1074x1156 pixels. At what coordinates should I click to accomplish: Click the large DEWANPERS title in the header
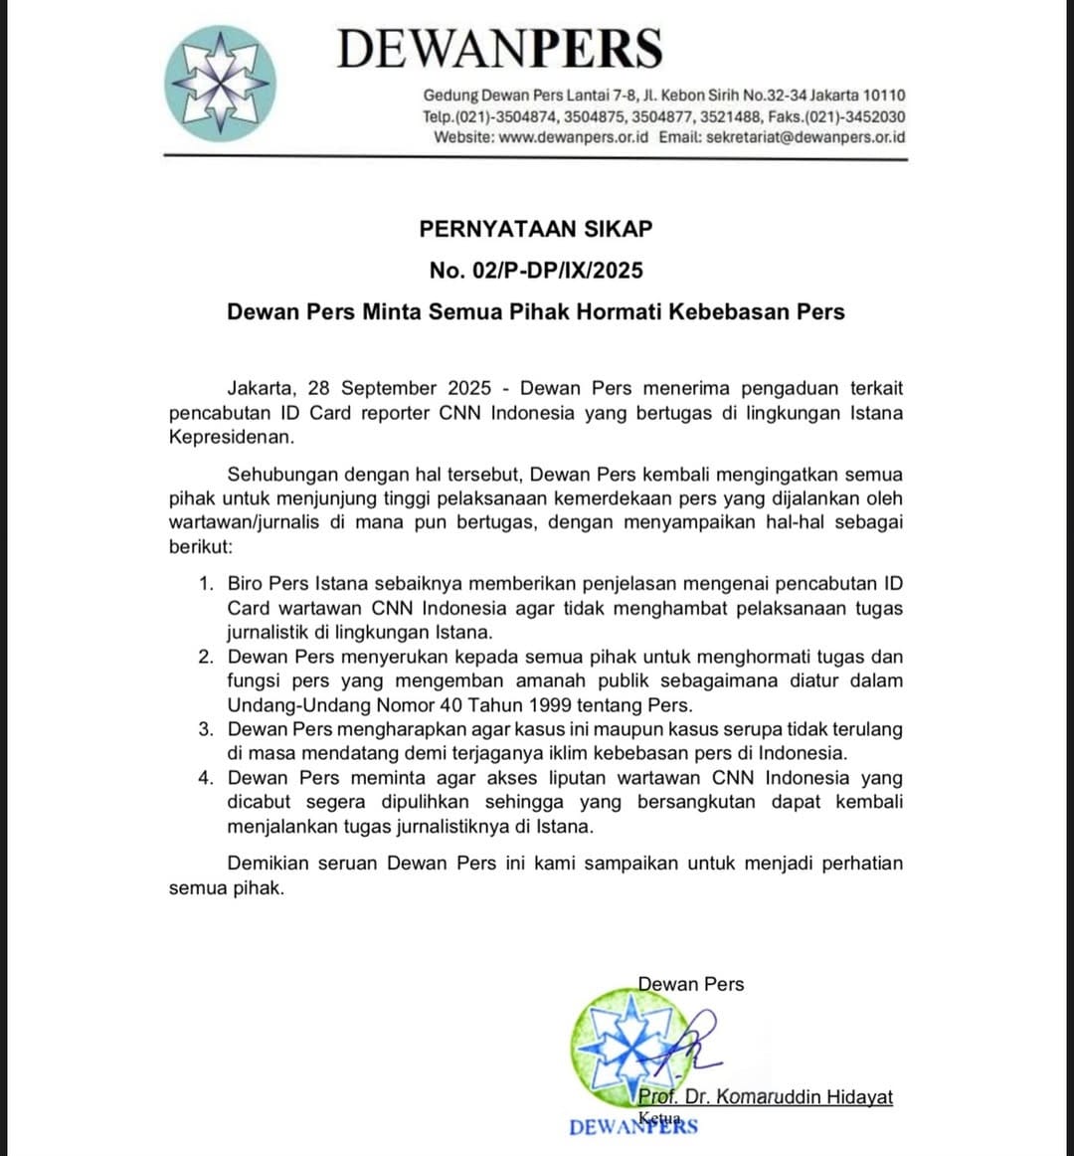(x=499, y=48)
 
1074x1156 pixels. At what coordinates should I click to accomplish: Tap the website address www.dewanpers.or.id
(x=573, y=137)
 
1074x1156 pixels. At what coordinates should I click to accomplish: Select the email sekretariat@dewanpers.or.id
(x=805, y=137)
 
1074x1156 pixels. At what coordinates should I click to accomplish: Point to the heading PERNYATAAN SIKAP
(x=536, y=229)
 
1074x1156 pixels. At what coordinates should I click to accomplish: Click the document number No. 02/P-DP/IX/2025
(x=536, y=270)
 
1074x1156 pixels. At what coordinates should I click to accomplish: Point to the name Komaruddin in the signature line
(x=771, y=1097)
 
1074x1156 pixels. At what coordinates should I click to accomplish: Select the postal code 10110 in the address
(x=884, y=96)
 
